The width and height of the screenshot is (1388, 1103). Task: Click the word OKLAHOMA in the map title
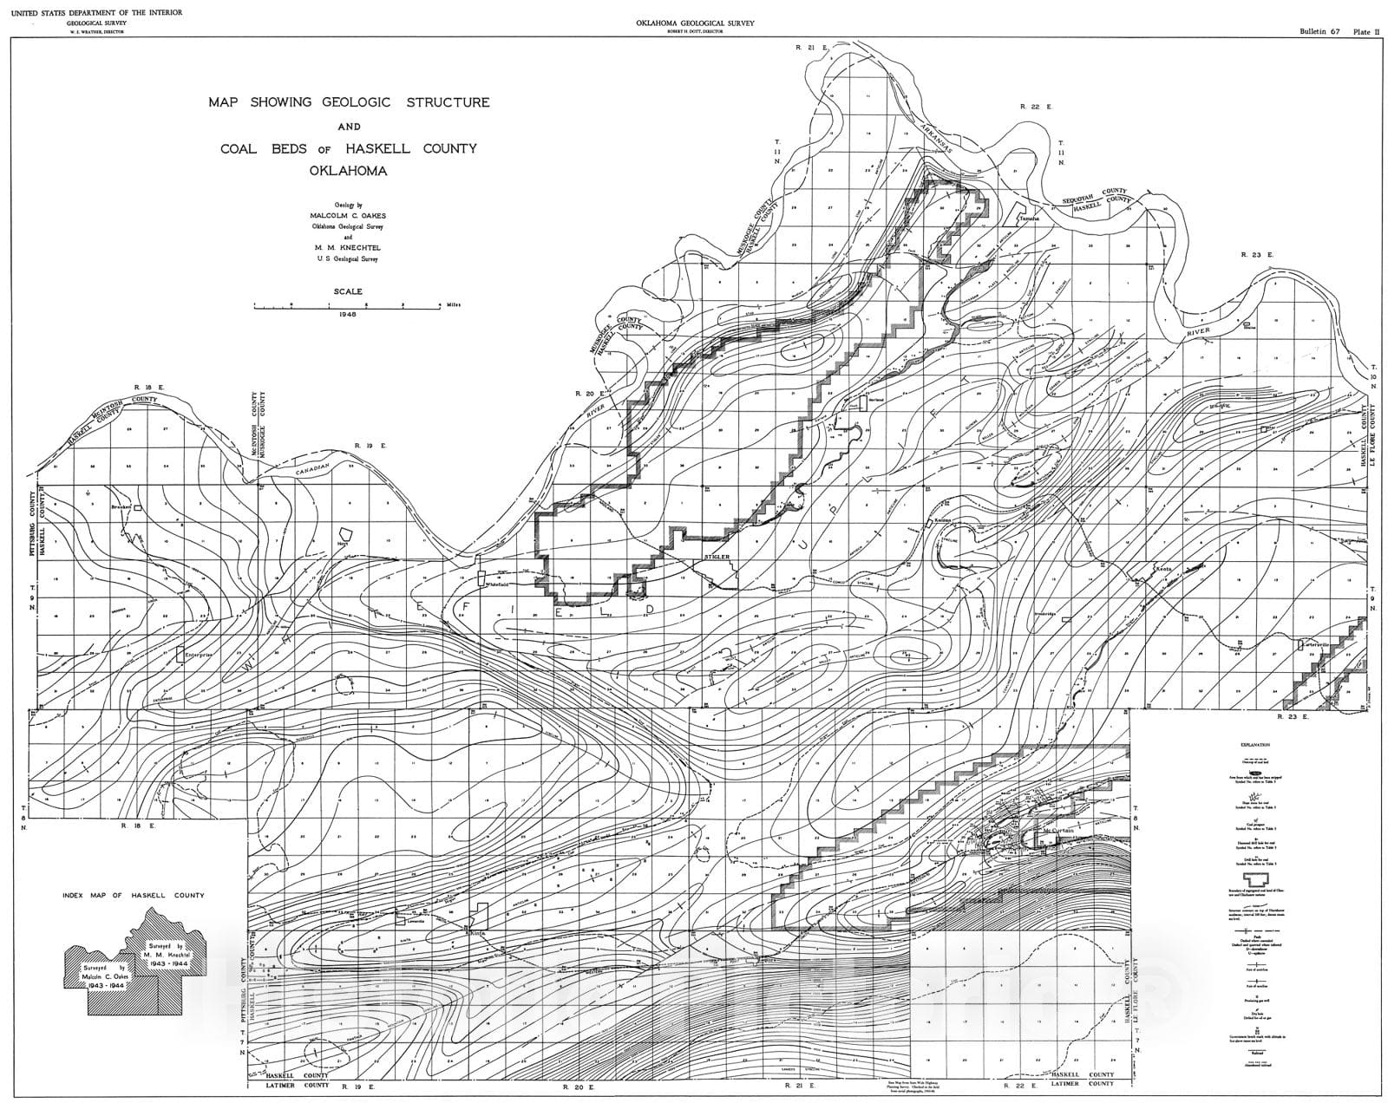(x=348, y=171)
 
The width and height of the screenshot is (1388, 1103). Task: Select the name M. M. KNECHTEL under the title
(x=348, y=247)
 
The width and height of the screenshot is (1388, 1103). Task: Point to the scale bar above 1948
(x=347, y=305)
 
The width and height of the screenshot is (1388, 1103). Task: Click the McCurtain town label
(x=1058, y=831)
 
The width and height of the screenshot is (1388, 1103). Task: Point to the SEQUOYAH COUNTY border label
(x=1097, y=194)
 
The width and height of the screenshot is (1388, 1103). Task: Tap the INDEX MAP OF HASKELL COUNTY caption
(x=133, y=895)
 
